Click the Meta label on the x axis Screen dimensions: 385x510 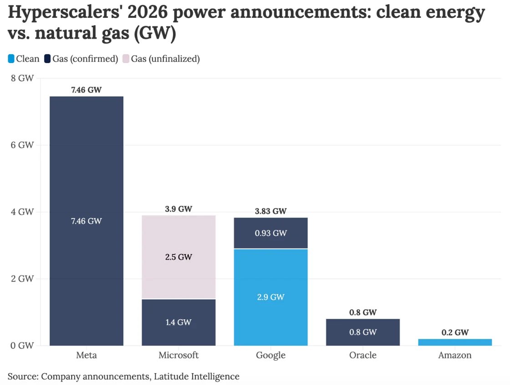click(x=87, y=355)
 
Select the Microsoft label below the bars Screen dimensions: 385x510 click(x=178, y=355)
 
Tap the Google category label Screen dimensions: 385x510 click(x=270, y=355)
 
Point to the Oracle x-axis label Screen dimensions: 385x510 click(x=363, y=355)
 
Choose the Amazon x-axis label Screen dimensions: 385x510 click(x=455, y=355)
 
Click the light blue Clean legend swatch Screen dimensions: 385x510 click(x=11, y=59)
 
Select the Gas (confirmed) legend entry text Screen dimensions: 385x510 click(x=85, y=59)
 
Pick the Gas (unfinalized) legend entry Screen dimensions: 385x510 click(x=165, y=59)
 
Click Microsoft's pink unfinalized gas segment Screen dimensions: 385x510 click(x=178, y=274)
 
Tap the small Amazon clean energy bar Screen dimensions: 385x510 click(x=455, y=342)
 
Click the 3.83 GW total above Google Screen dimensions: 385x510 click(x=270, y=211)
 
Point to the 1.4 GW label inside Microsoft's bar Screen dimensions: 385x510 click(x=178, y=323)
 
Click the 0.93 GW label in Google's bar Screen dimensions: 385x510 click(x=270, y=233)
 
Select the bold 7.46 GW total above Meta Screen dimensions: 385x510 click(x=87, y=90)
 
